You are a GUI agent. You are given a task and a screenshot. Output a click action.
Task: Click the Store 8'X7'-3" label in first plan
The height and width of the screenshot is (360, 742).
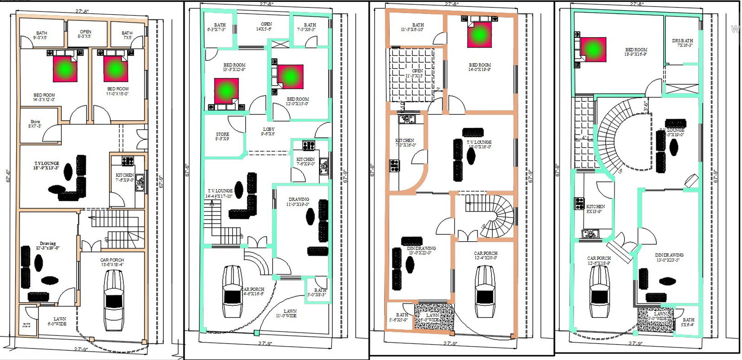pyautogui.click(x=35, y=123)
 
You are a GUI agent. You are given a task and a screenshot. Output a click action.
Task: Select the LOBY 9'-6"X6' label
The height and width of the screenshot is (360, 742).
pyautogui.click(x=268, y=132)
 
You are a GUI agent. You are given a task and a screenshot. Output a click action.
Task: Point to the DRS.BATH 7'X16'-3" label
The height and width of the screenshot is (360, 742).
pyautogui.click(x=682, y=43)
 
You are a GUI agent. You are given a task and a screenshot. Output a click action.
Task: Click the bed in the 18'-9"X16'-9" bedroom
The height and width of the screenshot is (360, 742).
pyautogui.click(x=593, y=49)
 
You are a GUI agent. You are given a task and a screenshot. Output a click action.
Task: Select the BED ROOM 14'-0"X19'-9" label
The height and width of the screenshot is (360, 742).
pyautogui.click(x=480, y=67)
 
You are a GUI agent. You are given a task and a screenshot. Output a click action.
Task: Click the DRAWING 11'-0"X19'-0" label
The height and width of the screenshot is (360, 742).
pyautogui.click(x=299, y=202)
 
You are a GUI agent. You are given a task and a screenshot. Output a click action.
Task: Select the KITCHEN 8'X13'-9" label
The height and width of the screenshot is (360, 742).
pyautogui.click(x=595, y=209)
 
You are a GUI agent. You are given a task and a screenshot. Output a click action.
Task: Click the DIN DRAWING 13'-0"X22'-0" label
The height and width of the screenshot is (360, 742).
pyautogui.click(x=421, y=251)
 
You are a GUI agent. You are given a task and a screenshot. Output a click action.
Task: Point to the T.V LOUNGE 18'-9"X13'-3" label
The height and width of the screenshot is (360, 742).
pyautogui.click(x=46, y=166)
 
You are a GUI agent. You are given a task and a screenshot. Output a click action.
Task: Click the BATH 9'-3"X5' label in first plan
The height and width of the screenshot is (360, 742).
pyautogui.click(x=41, y=35)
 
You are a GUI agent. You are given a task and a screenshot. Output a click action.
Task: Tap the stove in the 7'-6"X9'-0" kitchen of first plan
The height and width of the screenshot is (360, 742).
pyautogui.click(x=128, y=161)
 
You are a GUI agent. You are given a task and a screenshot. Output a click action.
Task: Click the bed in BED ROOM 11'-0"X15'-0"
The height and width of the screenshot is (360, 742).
pyautogui.click(x=115, y=69)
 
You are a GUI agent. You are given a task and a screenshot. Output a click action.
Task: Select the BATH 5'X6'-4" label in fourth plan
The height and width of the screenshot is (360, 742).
pyautogui.click(x=688, y=322)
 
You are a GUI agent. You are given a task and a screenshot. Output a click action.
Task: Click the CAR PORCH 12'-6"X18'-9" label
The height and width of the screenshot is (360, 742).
pyautogui.click(x=599, y=261)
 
